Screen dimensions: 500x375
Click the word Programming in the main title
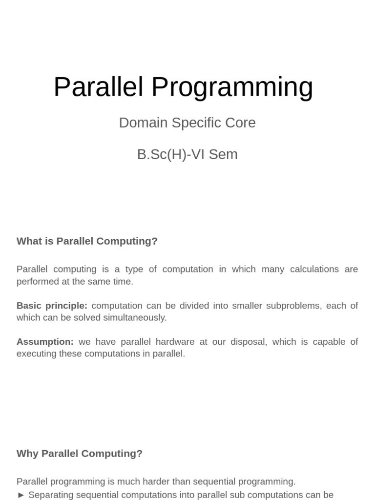(232, 87)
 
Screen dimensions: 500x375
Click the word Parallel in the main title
(98, 87)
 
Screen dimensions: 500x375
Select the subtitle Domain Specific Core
(187, 123)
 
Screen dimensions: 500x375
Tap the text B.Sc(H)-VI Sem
(187, 154)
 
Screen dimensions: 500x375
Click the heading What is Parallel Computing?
(87, 241)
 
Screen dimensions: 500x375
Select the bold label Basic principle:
(52, 306)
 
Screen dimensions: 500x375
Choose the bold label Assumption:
(45, 342)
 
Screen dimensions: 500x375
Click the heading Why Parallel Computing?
(80, 454)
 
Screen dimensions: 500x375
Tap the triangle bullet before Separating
(21, 495)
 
